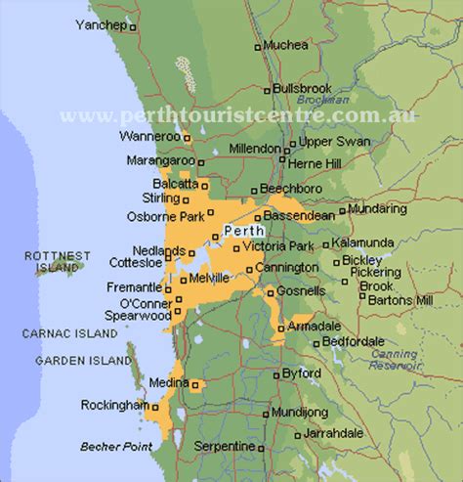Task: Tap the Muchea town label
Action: click(286, 45)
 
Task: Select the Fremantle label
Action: click(134, 287)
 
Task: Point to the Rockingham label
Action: click(114, 405)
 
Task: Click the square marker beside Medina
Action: click(195, 383)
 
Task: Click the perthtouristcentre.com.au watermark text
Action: click(237, 114)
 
